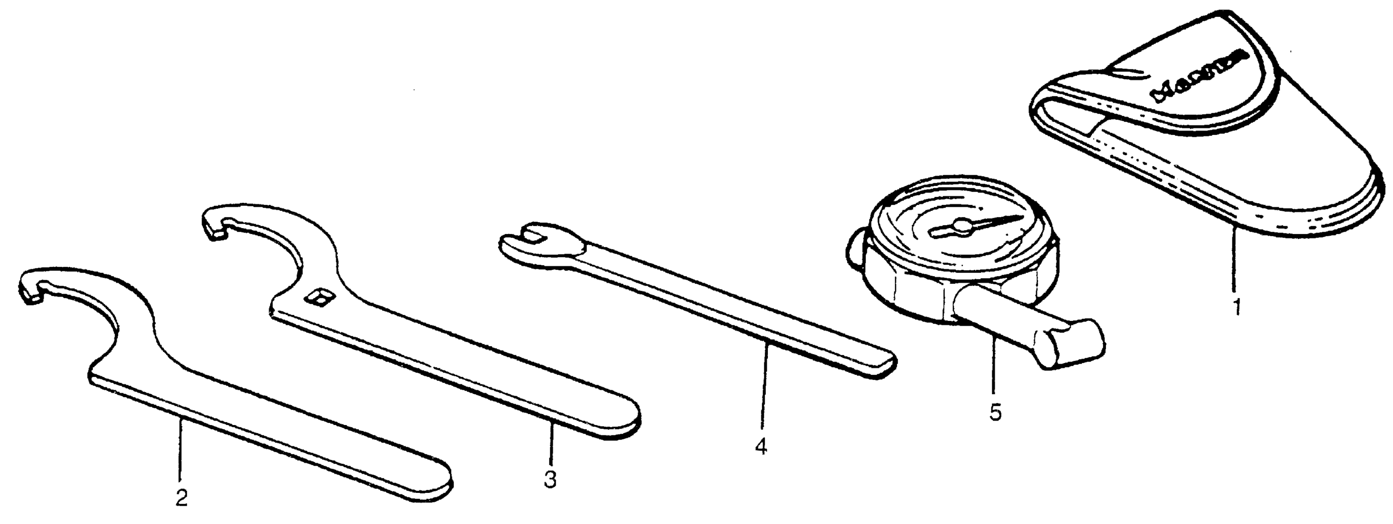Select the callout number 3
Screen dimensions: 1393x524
click(x=550, y=479)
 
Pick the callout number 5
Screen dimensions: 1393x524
click(x=995, y=413)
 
